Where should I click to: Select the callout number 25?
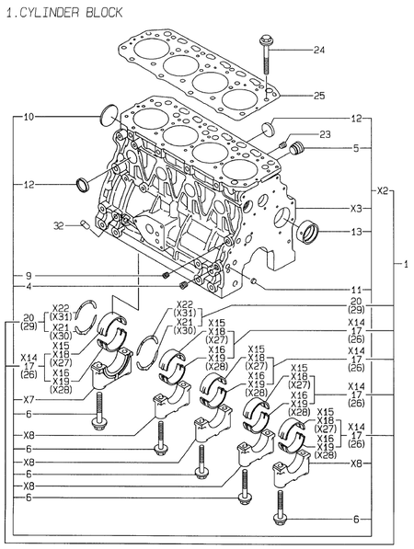click(x=319, y=96)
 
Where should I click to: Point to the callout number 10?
click(x=29, y=117)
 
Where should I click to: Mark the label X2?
click(x=385, y=190)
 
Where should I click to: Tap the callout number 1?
click(x=406, y=265)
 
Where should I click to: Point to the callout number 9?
click(x=29, y=275)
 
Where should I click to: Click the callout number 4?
click(x=29, y=287)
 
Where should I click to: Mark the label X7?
click(x=29, y=399)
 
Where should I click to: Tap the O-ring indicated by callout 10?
click(x=108, y=115)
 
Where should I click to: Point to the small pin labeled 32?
click(x=85, y=223)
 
